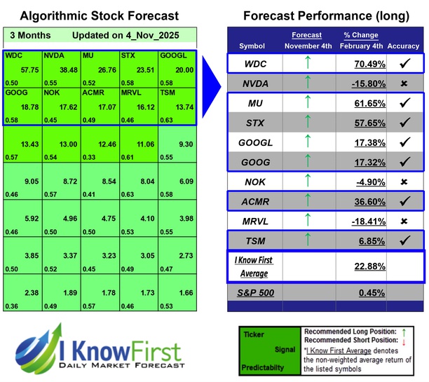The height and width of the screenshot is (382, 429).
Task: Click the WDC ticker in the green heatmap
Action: pyautogui.click(x=13, y=54)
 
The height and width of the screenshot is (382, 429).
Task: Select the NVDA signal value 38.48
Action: pyautogui.click(x=67, y=71)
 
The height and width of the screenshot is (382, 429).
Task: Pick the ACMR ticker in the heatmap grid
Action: pyautogui.click(x=94, y=92)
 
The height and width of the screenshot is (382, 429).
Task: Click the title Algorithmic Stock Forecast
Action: pyautogui.click(x=99, y=15)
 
